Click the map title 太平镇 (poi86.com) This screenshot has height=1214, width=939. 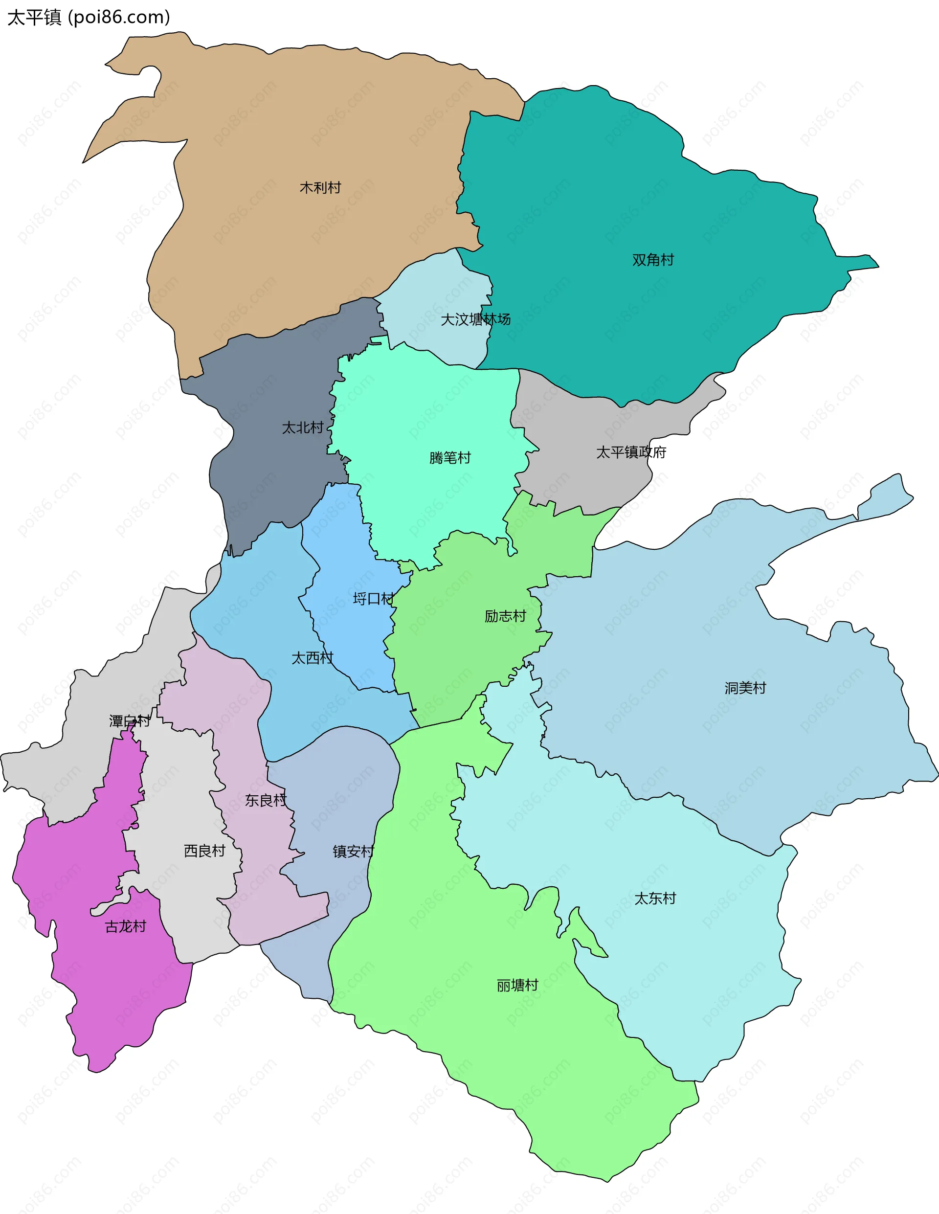click(x=89, y=18)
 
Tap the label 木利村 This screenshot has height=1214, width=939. click(x=320, y=188)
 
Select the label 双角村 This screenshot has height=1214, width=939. click(x=653, y=260)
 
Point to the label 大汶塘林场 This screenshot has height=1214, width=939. click(x=475, y=319)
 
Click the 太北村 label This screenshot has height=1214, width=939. click(x=302, y=427)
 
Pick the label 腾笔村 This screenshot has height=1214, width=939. click(x=450, y=457)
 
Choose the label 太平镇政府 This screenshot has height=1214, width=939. click(x=631, y=452)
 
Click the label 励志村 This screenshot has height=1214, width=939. click(x=505, y=616)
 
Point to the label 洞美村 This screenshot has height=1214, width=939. click(x=745, y=688)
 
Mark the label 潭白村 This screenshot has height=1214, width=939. click(x=130, y=721)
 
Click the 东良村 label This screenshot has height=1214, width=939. click(x=266, y=800)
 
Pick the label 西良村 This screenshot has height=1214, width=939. click(x=204, y=851)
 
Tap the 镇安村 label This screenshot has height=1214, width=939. click(x=354, y=851)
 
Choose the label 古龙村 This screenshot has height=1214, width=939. click(x=126, y=926)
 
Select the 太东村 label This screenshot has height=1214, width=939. click(x=655, y=898)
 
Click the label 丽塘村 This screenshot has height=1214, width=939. click(x=517, y=986)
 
